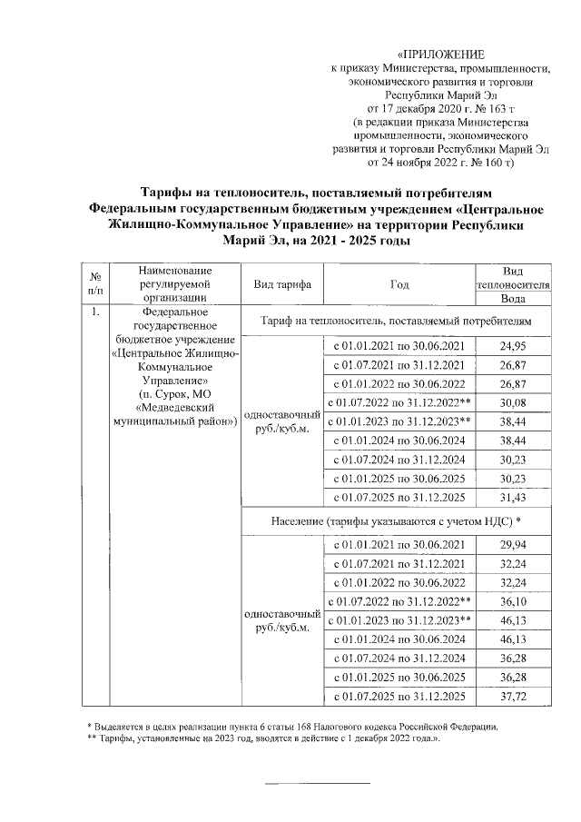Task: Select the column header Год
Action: (399, 283)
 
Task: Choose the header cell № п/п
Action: (94, 283)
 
